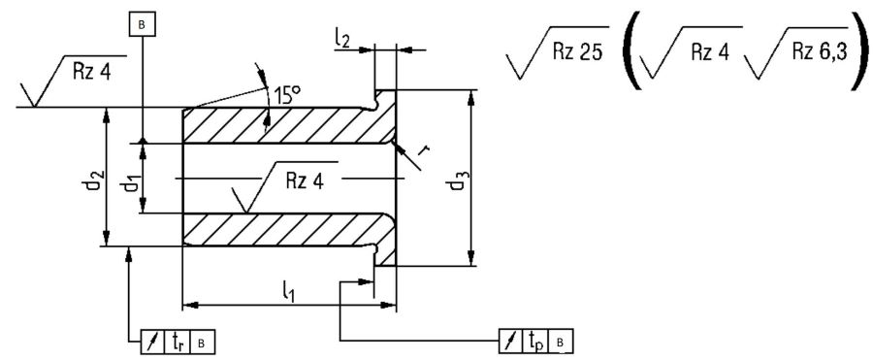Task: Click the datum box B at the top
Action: coord(144,25)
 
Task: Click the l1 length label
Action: coord(287,291)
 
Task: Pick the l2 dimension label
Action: coord(343,39)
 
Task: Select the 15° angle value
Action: coord(287,95)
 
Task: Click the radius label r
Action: coord(426,148)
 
